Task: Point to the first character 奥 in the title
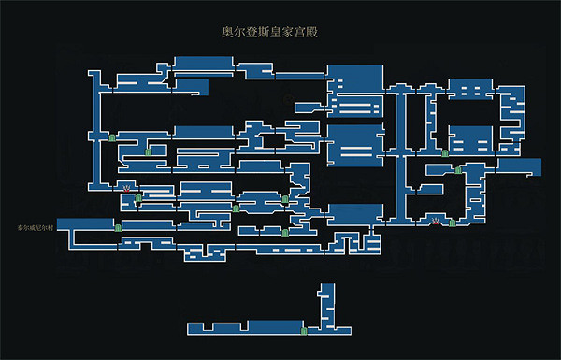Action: [222, 31]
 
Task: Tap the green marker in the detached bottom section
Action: [304, 330]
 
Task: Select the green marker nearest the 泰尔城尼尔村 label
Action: [118, 227]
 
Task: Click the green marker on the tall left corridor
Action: [112, 137]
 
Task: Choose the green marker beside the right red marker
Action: [452, 223]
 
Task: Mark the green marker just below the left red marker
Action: [138, 198]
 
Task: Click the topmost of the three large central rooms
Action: [355, 89]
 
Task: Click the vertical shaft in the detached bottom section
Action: [327, 304]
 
